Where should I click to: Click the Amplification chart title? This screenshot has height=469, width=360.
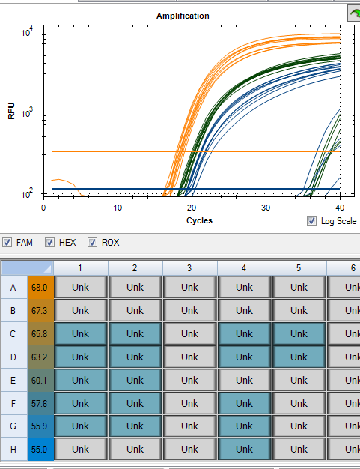[183, 16]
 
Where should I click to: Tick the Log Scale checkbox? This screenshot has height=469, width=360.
[312, 220]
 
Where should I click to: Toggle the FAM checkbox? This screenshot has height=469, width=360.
[7, 243]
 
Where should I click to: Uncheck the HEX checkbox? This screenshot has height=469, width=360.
[50, 243]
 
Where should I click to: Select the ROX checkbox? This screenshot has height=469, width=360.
[93, 243]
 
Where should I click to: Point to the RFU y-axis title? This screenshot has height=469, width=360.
[11, 113]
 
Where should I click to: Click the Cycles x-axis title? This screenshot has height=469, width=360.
[199, 220]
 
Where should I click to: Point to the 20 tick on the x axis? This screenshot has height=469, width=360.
[192, 207]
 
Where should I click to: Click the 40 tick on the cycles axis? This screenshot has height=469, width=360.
[340, 207]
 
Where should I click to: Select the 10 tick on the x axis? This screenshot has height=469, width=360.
[118, 207]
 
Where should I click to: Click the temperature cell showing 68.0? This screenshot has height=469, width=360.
[40, 287]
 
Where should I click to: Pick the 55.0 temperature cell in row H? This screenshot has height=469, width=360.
[40, 450]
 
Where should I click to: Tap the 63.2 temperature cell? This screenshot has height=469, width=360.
[40, 357]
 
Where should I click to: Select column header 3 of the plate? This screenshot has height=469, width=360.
[189, 267]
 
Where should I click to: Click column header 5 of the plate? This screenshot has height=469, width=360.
[299, 267]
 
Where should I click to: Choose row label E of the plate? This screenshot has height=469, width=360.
[13, 380]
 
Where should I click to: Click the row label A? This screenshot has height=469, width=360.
[13, 287]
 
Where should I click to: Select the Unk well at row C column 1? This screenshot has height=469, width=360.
[80, 333]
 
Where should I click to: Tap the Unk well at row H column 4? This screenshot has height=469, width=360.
[244, 450]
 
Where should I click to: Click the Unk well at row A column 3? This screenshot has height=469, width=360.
[189, 287]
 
